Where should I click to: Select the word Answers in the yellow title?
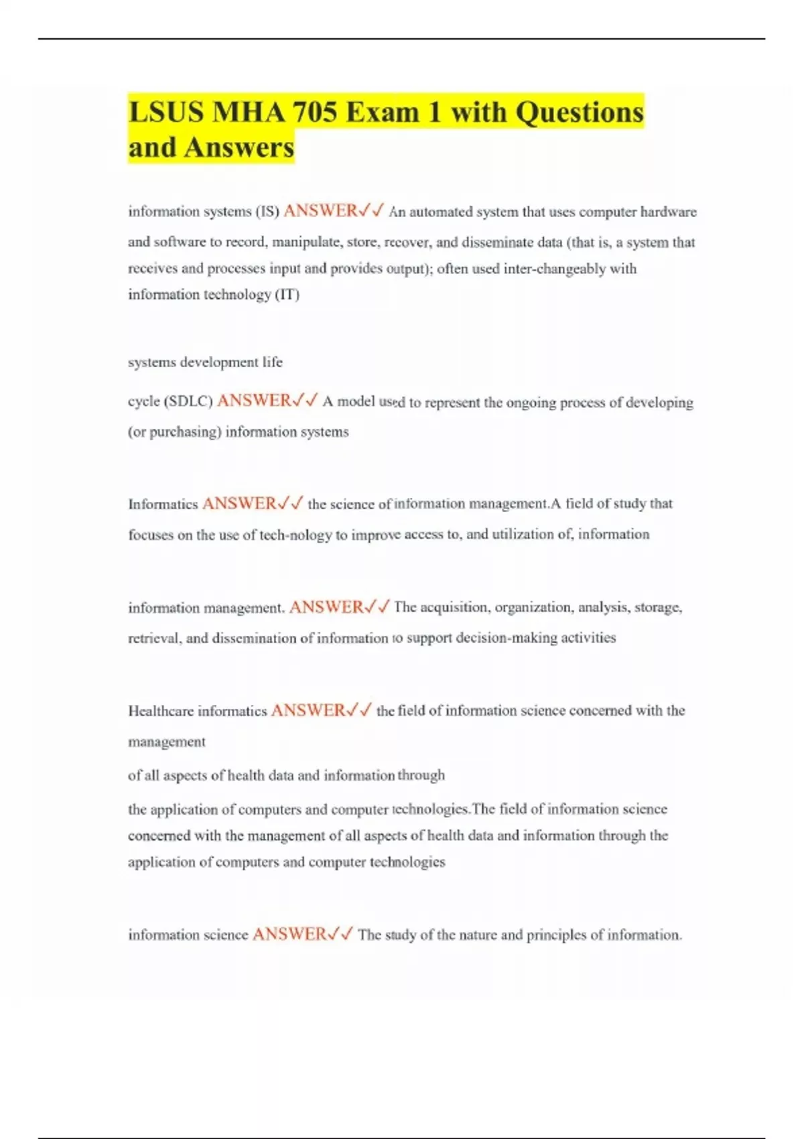pos(239,147)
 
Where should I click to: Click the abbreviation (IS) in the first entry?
pos(267,212)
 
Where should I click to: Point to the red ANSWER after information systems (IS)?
pos(320,211)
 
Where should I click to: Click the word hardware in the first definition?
pos(669,212)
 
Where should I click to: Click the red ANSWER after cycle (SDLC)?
pos(254,401)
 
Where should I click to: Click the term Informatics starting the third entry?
pos(163,504)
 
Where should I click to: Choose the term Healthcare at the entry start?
pos(160,711)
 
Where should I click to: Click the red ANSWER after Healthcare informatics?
pos(308,710)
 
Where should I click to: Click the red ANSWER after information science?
pos(289,934)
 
